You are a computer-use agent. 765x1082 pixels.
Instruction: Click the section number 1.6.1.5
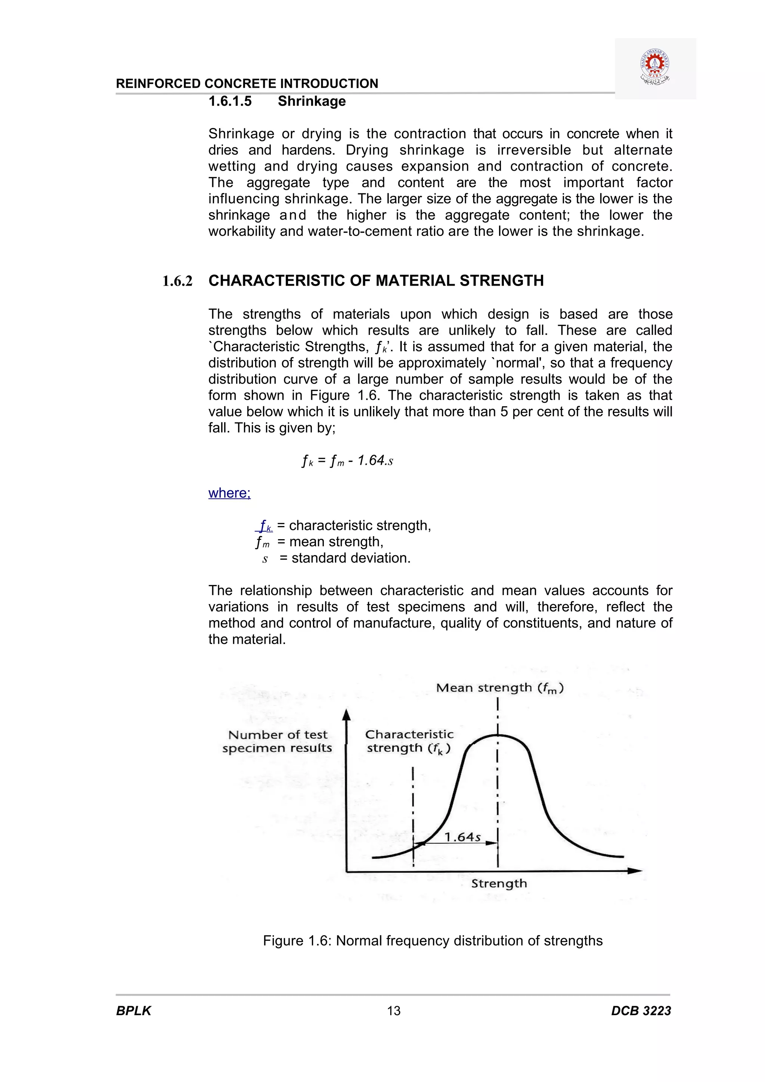[x=230, y=101]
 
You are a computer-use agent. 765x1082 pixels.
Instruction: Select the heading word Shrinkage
[x=312, y=101]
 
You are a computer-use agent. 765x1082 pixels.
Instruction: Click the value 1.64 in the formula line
[x=371, y=460]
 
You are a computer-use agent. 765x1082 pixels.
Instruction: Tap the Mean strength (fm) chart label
[x=500, y=688]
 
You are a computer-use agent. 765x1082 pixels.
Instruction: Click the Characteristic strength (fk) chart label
[x=409, y=741]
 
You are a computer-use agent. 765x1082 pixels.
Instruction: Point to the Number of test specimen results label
[x=277, y=741]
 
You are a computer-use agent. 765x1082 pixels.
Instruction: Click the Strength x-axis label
[x=499, y=884]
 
